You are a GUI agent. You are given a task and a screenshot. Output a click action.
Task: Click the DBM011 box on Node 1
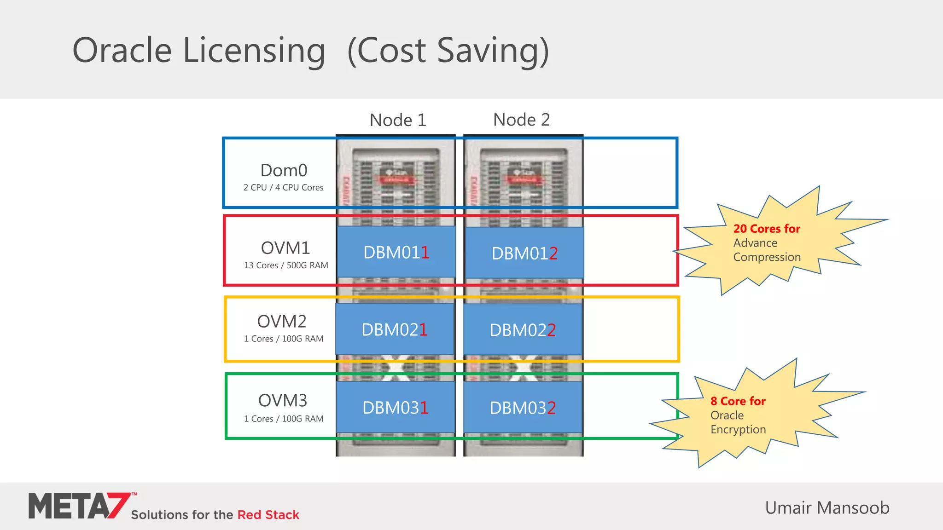[396, 252]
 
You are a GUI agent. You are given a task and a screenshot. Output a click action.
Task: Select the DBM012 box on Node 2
[524, 253]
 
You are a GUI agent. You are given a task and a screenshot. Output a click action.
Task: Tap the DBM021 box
[395, 329]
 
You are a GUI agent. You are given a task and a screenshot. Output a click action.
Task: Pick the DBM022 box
[523, 330]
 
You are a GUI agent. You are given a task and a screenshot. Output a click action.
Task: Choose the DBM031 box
[395, 408]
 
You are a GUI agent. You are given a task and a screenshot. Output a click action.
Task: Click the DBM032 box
[523, 408]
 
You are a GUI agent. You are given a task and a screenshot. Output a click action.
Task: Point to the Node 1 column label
[398, 120]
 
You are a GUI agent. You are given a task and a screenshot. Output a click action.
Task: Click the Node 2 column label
[521, 120]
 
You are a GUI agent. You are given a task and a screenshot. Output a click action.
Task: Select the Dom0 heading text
[284, 170]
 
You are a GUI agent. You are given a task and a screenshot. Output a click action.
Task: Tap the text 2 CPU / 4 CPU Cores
[283, 188]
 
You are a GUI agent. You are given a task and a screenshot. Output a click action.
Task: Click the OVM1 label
[285, 248]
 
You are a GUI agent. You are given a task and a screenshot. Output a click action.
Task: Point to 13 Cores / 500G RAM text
[286, 265]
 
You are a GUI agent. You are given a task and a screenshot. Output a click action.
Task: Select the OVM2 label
[282, 321]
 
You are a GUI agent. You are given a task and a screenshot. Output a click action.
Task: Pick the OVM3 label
[282, 400]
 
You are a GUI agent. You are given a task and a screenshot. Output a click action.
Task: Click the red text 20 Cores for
[767, 229]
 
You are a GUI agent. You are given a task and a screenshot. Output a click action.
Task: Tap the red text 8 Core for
[738, 401]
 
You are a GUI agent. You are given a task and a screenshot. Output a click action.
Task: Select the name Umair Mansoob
[827, 508]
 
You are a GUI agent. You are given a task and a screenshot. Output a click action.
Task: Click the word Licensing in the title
[254, 51]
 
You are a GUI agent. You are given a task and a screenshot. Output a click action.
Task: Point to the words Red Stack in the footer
[268, 515]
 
